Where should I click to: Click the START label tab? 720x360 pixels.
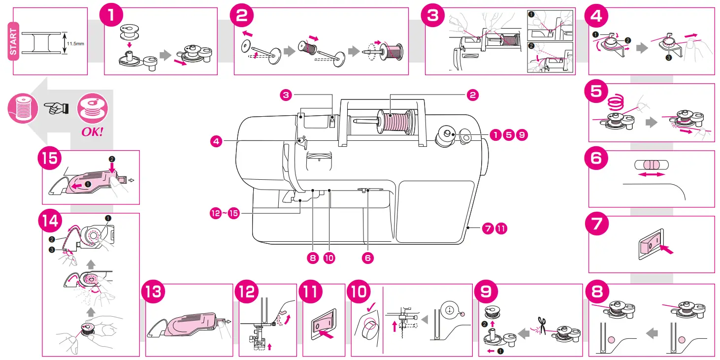(13, 41)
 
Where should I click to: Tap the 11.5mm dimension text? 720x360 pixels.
(75, 43)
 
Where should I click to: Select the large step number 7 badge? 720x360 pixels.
(596, 225)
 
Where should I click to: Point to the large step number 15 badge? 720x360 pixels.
(49, 160)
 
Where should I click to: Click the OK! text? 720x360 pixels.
(92, 132)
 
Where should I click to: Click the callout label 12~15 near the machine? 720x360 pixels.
(224, 213)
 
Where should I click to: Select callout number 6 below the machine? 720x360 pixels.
(367, 258)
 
